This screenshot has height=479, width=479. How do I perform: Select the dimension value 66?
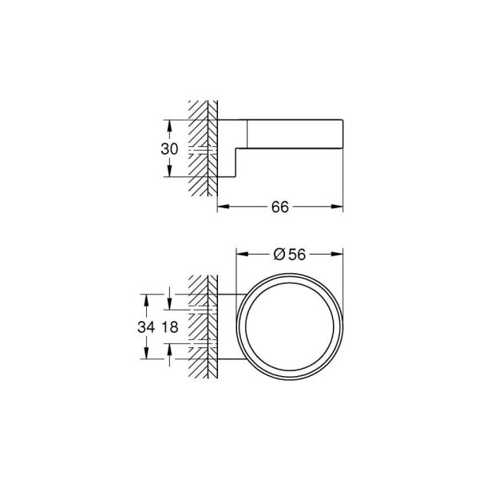pos(279,206)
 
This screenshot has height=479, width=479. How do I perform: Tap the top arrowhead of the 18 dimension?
pos(169,306)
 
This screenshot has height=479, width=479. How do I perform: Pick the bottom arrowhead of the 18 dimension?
pos(169,349)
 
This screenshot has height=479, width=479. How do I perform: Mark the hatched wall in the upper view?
pos(202,148)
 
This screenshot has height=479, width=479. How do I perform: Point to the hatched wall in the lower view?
pos(202,327)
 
